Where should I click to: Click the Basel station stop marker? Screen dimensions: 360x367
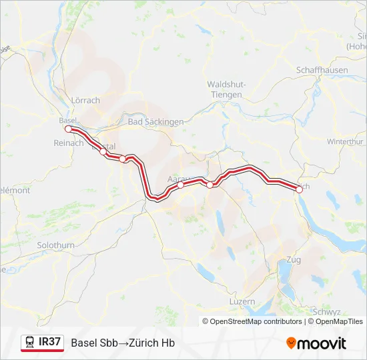point(68,129)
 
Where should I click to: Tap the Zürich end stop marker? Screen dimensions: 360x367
point(299,189)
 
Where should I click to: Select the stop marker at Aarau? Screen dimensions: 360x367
point(181,185)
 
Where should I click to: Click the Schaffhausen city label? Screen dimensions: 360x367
point(319,69)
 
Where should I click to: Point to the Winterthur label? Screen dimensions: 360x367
point(344,142)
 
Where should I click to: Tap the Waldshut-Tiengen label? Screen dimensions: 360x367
point(227,89)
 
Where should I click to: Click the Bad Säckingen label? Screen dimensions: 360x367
point(155,122)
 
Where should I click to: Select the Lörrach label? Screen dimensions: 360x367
point(85,101)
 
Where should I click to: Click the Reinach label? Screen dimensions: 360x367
point(69,143)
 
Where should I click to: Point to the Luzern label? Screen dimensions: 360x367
point(241,301)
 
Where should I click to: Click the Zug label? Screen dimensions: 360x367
point(293,259)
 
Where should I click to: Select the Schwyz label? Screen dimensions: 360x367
point(327,311)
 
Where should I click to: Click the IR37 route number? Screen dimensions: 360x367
point(50,343)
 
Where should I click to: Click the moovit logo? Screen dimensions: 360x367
point(316,343)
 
